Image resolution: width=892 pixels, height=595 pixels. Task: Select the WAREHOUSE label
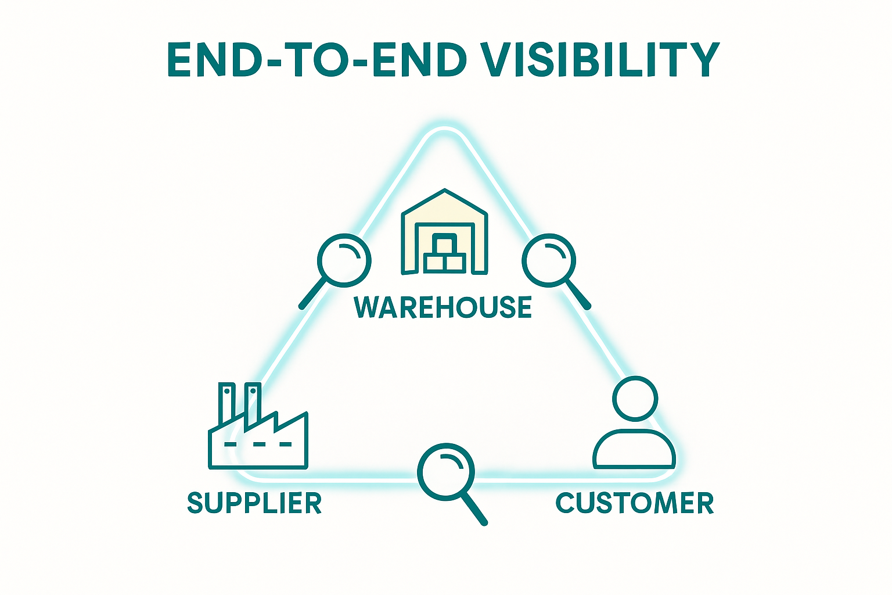pos(443,307)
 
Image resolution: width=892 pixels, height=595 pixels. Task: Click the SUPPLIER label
pos(254,503)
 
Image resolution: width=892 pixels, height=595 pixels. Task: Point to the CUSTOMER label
pos(635,503)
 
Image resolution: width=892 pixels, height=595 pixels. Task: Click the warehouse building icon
pos(444,232)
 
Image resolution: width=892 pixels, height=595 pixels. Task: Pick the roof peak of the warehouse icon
pos(444,192)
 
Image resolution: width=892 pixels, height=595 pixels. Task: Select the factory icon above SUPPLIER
pos(258,430)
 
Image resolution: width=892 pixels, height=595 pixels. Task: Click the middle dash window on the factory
pos(259,445)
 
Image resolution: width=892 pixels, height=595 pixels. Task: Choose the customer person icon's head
pos(635,399)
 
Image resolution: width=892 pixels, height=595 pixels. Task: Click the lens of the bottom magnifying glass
pos(446,471)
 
